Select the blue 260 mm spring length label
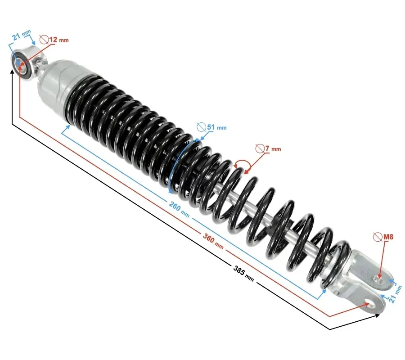pos(179,209)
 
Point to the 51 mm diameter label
pos(217,127)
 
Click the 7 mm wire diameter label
pos(273,148)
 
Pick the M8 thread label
pos(388,237)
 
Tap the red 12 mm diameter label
pos(59,40)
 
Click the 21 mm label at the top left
pos(22,35)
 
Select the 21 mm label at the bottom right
pos(396,294)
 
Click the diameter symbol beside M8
pos(378,237)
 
